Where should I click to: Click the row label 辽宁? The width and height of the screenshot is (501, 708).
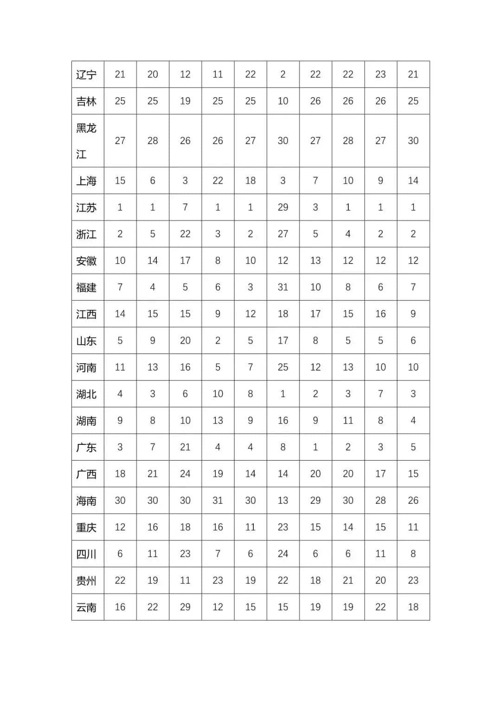[86, 75]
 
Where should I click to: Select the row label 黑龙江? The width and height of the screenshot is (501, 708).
[86, 140]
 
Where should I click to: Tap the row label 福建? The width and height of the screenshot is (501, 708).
[86, 287]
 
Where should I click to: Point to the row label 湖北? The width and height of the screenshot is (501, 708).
[86, 394]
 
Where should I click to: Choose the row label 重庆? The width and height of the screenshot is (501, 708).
[86, 527]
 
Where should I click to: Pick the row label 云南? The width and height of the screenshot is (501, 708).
[86, 607]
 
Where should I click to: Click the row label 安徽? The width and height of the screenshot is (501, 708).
[86, 261]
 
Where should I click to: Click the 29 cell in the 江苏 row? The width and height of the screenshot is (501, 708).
[283, 207]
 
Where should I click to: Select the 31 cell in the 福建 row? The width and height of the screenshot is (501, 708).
[283, 287]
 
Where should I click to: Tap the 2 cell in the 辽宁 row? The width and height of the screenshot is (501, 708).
[283, 74]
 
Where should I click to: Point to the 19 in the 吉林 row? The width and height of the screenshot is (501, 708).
[185, 101]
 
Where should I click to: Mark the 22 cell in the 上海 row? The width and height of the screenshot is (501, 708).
[218, 181]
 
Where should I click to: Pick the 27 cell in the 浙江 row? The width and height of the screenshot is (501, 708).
[283, 234]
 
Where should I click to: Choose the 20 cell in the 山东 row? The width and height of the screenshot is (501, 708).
[185, 341]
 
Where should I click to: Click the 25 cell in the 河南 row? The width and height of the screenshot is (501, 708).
[283, 367]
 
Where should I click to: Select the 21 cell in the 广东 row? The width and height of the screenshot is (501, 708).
[185, 447]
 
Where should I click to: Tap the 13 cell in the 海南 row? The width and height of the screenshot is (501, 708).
[283, 500]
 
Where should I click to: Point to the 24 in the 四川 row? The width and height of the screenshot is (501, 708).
[283, 554]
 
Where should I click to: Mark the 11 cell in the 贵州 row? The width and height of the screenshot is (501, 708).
[185, 580]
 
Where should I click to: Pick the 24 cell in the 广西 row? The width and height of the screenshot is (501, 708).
[185, 474]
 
